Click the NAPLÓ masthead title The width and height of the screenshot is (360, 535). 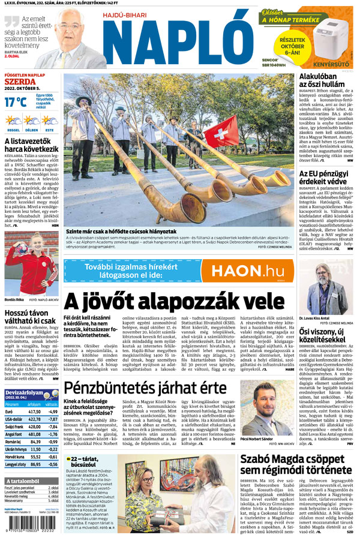click(x=178, y=40)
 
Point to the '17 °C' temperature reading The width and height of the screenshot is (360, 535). click(x=16, y=102)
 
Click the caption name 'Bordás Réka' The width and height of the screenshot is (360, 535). click(x=14, y=299)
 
